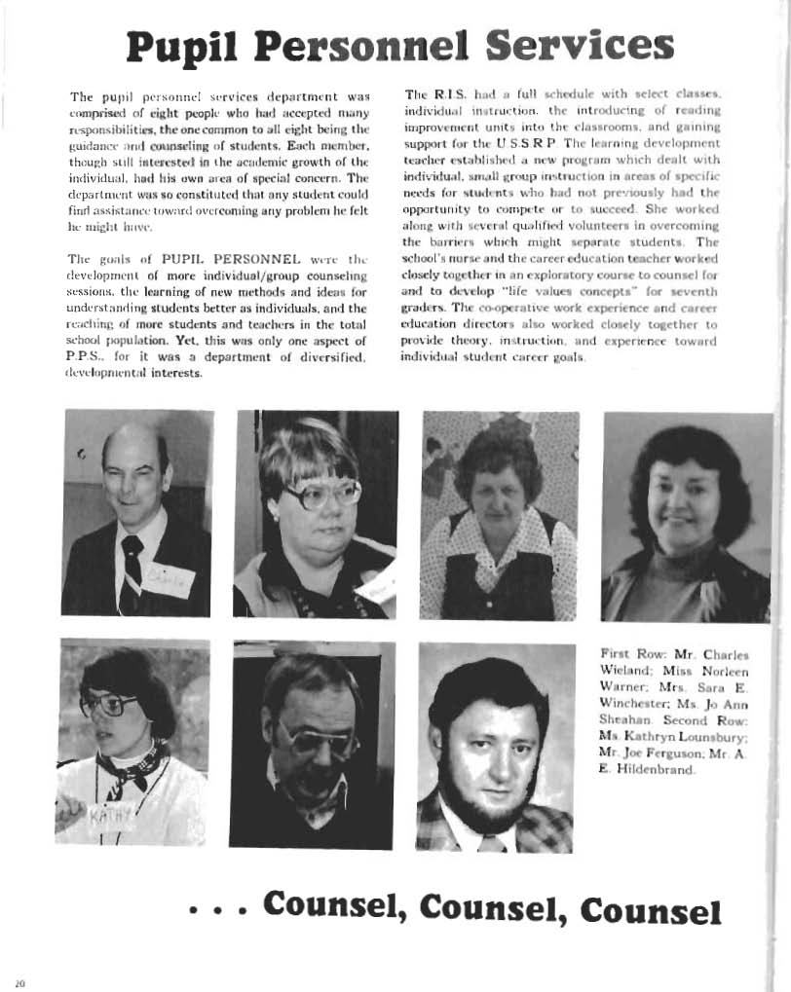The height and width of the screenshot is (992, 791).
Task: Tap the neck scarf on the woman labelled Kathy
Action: point(132,764)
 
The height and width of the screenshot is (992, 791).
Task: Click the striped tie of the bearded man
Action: point(492,843)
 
